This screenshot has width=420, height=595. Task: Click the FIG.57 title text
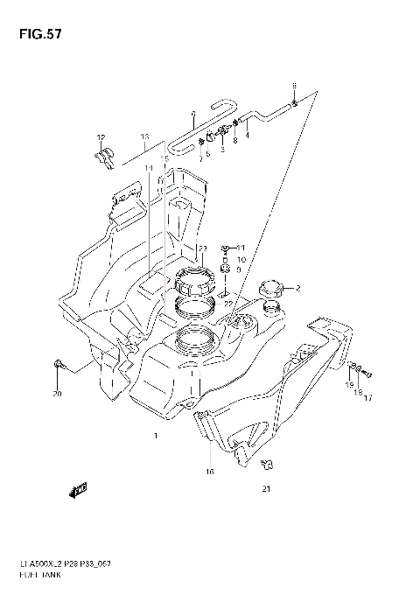click(36, 34)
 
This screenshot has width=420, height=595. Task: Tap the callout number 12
click(101, 138)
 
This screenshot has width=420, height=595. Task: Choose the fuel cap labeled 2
click(270, 290)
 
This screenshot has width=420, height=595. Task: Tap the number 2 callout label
click(297, 289)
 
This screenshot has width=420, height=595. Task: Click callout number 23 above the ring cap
click(202, 249)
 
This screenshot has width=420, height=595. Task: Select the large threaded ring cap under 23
click(193, 282)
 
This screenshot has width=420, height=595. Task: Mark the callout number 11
click(242, 248)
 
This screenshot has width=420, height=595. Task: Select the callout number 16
click(209, 472)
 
